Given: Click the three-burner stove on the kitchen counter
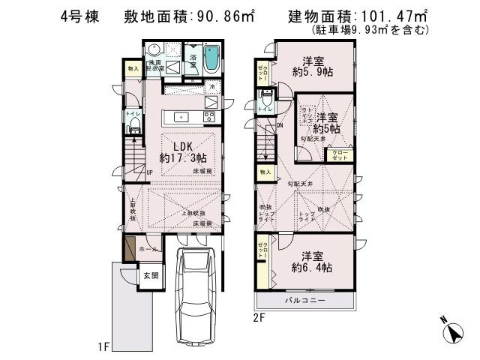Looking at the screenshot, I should [x=208, y=117].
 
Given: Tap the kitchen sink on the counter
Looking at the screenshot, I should [x=181, y=117].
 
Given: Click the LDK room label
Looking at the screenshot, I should [x=184, y=145].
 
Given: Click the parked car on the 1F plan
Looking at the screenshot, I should [x=197, y=292].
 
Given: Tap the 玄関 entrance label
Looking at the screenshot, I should [x=151, y=275].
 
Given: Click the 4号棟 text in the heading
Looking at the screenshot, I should [x=79, y=16].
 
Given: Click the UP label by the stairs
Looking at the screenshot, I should [x=150, y=172].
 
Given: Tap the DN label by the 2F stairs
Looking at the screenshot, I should [x=280, y=125].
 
